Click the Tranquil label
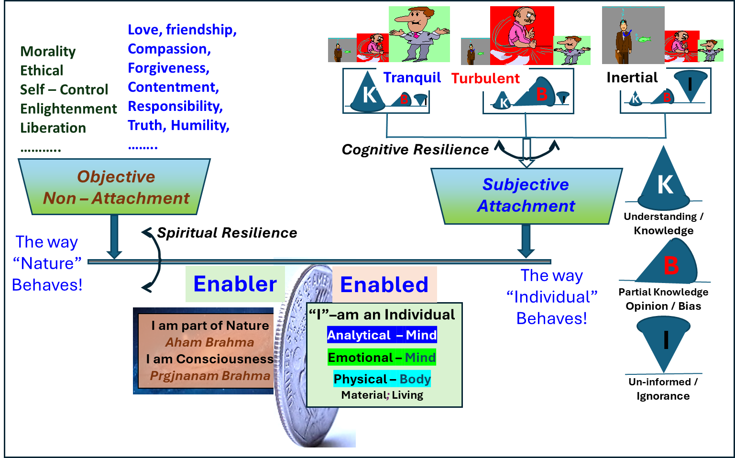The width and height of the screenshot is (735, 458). tap(412, 77)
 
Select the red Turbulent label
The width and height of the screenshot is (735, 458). tap(485, 78)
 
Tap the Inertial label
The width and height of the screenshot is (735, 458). tap(632, 77)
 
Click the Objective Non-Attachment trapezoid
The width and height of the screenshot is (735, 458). tap(115, 187)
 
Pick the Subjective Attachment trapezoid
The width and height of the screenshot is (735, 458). tap(526, 196)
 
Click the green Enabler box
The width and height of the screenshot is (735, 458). tap(235, 284)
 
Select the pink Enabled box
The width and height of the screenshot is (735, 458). tap(384, 284)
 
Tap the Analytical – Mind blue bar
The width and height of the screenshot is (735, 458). tap(382, 335)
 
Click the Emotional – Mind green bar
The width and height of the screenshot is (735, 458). tap(382, 358)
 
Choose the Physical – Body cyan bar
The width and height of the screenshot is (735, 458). tap(382, 379)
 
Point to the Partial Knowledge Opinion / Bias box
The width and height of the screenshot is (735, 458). tap(663, 299)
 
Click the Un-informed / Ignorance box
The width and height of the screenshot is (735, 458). tap(663, 389)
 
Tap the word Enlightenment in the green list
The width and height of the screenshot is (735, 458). tap(68, 109)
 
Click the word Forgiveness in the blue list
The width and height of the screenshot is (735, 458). tap(168, 68)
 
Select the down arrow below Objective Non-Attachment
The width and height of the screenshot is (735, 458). tap(114, 237)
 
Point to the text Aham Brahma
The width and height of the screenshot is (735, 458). tap(209, 342)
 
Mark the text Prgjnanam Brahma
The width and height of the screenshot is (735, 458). tap(210, 376)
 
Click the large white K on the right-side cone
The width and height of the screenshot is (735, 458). tap(665, 185)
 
